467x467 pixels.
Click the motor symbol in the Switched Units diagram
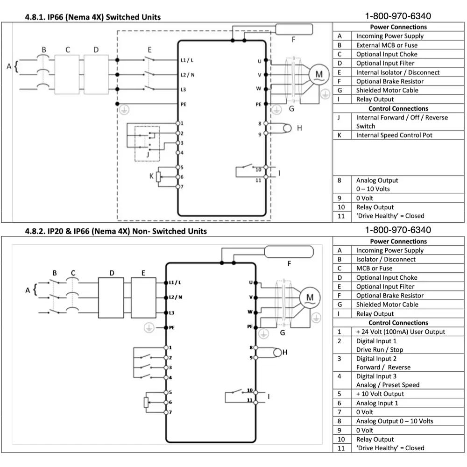point(319,75)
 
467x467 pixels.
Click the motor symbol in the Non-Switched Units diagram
point(309,297)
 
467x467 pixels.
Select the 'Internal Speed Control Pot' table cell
point(394,135)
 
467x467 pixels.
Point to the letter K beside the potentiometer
point(151,176)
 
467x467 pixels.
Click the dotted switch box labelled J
point(147,143)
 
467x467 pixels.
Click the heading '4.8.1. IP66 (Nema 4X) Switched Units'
point(92,17)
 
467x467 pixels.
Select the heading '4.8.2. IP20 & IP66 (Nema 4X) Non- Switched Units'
point(115,231)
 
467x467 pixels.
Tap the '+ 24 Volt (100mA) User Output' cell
point(400,332)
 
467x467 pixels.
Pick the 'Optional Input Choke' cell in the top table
point(387,54)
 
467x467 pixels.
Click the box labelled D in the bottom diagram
point(112,297)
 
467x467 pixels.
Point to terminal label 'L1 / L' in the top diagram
point(187,60)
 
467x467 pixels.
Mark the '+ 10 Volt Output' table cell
point(380,394)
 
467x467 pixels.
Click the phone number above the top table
point(398,16)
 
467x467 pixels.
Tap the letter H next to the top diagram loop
point(299,128)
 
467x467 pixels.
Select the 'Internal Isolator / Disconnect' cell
point(398,72)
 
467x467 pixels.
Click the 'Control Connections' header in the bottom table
point(398,323)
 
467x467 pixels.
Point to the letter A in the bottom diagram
point(28,290)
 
